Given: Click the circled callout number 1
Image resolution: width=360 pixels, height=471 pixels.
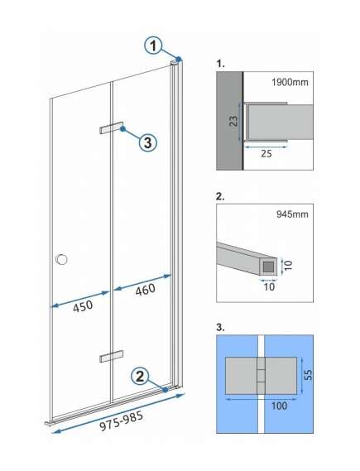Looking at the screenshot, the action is pos(153,46).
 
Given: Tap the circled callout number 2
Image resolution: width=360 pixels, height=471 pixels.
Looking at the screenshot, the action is pos(140,376).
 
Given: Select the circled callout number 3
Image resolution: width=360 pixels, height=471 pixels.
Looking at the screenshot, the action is pos(147,142).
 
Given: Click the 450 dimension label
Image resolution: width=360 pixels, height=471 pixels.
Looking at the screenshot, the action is pos(83,306).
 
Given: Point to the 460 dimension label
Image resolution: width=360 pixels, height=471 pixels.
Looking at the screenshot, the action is pos(146,290).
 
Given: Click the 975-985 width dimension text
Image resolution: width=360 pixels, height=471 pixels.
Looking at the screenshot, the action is pos(122,421).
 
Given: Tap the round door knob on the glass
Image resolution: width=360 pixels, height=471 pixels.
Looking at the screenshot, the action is pos(61,259).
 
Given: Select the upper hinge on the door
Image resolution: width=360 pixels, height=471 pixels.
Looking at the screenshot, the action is pos(112,127).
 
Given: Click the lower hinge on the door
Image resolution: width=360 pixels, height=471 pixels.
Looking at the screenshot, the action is pos(112,356).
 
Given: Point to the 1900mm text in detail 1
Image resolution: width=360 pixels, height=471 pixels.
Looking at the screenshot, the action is pos(290,82).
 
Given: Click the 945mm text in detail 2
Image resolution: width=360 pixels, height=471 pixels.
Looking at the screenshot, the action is pos(292,214).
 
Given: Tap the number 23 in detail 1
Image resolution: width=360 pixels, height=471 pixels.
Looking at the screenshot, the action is pos(233,120).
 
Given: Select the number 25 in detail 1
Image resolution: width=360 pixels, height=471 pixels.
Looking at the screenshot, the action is pos(266,154).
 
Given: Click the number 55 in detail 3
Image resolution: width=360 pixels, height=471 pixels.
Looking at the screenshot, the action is pos(308,375).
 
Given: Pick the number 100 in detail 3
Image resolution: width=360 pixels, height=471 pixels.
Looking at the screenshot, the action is pos(279,406).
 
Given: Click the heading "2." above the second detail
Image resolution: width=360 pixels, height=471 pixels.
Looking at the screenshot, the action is pos(220,196).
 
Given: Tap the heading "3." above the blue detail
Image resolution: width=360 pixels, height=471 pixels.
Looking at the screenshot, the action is pos(220,327).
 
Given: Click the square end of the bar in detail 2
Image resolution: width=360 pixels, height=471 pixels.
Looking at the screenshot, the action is pos(268,267).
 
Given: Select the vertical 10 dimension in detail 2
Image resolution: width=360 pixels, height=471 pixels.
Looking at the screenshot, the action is pos(288,266).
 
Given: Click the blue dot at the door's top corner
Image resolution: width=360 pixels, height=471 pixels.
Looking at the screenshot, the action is pos(179,59).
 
